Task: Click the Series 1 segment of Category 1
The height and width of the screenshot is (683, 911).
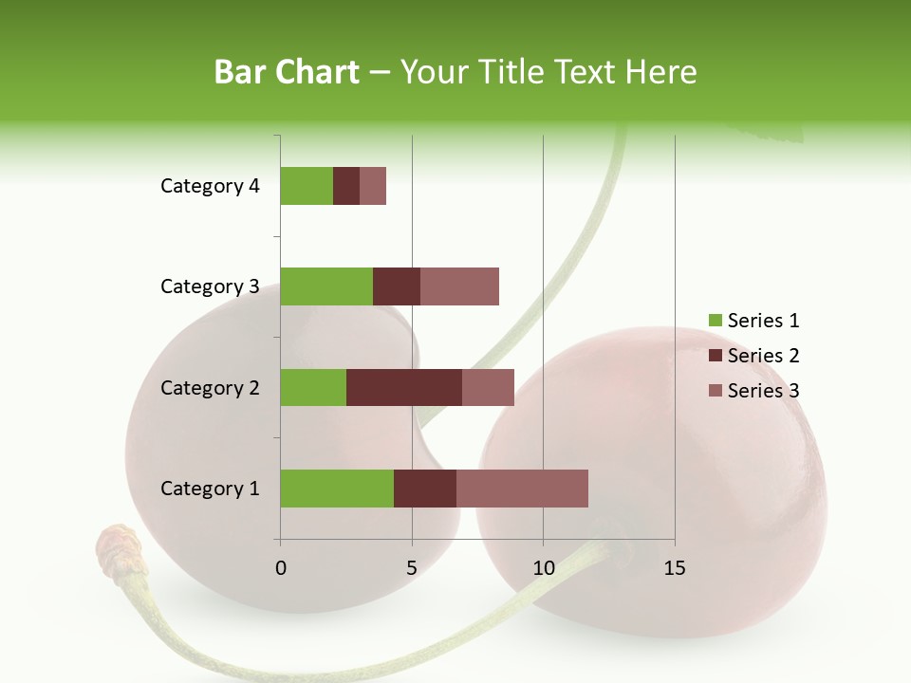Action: pos(337,489)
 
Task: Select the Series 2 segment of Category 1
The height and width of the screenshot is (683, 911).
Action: pos(425,489)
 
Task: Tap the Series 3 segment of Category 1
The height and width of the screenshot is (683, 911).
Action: pos(522,489)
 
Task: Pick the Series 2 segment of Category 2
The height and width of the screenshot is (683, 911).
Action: pos(404,387)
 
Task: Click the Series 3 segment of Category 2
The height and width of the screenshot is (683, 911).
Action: pos(488,387)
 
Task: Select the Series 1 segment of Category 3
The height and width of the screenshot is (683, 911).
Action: pos(326,286)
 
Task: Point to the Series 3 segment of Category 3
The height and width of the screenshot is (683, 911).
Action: pos(459,286)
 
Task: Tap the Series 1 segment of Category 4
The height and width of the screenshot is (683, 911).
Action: pos(307,186)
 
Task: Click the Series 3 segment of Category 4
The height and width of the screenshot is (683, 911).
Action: pos(373,186)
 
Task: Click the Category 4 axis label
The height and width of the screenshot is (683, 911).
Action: pos(210,186)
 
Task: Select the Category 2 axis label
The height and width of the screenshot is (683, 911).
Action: pos(210,387)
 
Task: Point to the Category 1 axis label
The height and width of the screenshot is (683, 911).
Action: pos(210,489)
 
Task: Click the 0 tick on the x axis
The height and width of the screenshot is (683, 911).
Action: pos(281,568)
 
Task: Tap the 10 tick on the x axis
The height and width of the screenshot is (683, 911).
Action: pos(543,568)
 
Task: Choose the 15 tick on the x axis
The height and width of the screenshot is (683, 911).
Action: pos(675,568)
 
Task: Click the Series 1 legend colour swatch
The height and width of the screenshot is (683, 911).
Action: pos(715,321)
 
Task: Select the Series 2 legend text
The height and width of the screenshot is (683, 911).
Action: pos(763,356)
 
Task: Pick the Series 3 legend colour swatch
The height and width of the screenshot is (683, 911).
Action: pos(715,391)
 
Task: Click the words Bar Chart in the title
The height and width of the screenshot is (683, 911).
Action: pos(287,72)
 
